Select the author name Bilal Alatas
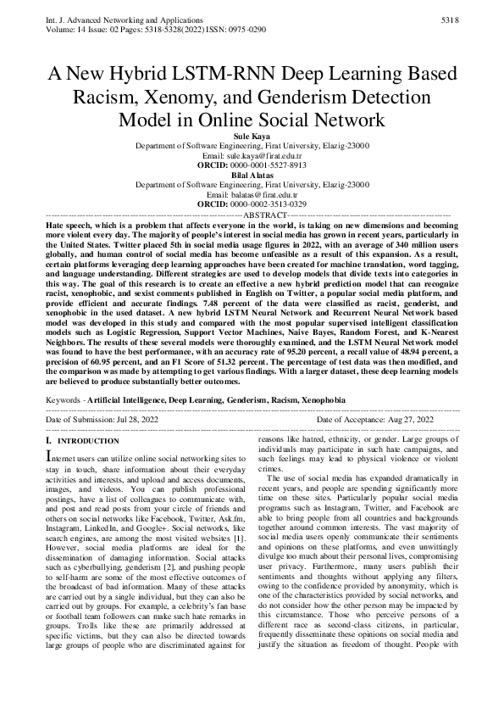[252, 172]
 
